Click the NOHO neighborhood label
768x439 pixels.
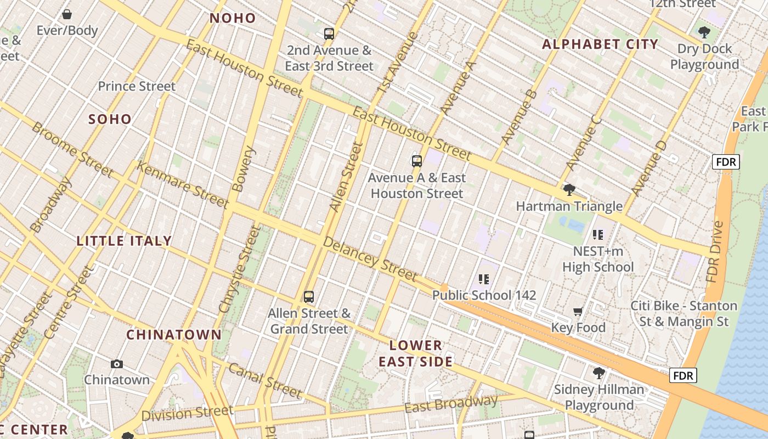pyautogui.click(x=233, y=18)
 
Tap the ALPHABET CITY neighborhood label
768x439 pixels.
pyautogui.click(x=600, y=44)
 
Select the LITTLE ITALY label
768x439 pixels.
pyautogui.click(x=125, y=241)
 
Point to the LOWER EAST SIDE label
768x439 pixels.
pyautogui.click(x=416, y=353)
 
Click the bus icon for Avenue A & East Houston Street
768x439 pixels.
pyautogui.click(x=417, y=161)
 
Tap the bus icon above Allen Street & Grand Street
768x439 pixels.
pyautogui.click(x=309, y=297)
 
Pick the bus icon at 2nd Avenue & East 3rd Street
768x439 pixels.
pyautogui.click(x=329, y=34)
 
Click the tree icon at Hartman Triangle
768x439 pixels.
pyautogui.click(x=569, y=190)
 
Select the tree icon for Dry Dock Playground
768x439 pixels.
pyautogui.click(x=704, y=32)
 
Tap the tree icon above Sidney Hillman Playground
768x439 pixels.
pyautogui.click(x=599, y=373)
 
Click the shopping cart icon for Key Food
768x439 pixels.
pyautogui.click(x=578, y=312)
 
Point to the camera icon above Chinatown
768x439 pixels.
pyautogui.click(x=116, y=364)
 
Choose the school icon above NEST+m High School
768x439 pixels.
pyautogui.click(x=598, y=235)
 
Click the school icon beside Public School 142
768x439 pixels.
pyautogui.click(x=483, y=279)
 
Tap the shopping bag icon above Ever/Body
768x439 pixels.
pyautogui.click(x=67, y=14)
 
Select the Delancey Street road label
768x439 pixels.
pyautogui.click(x=370, y=258)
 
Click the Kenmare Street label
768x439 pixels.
pyautogui.click(x=182, y=185)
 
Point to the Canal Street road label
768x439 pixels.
pyautogui.click(x=265, y=380)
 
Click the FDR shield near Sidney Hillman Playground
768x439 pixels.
pyautogui.click(x=684, y=375)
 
